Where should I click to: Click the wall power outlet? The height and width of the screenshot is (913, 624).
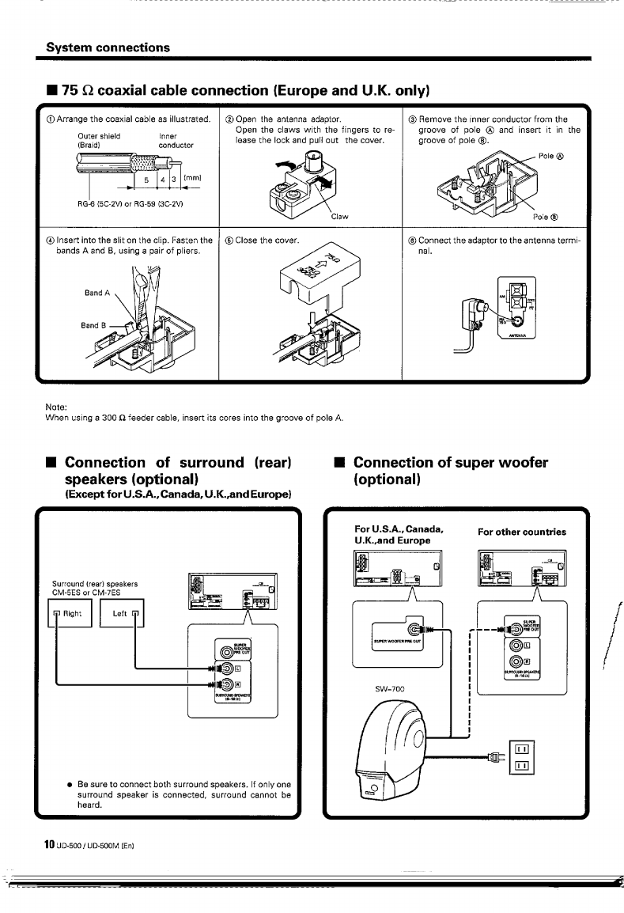coord(524,756)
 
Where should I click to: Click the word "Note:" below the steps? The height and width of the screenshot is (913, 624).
coord(57,407)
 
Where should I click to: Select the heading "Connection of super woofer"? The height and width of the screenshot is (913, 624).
coord(450,462)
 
